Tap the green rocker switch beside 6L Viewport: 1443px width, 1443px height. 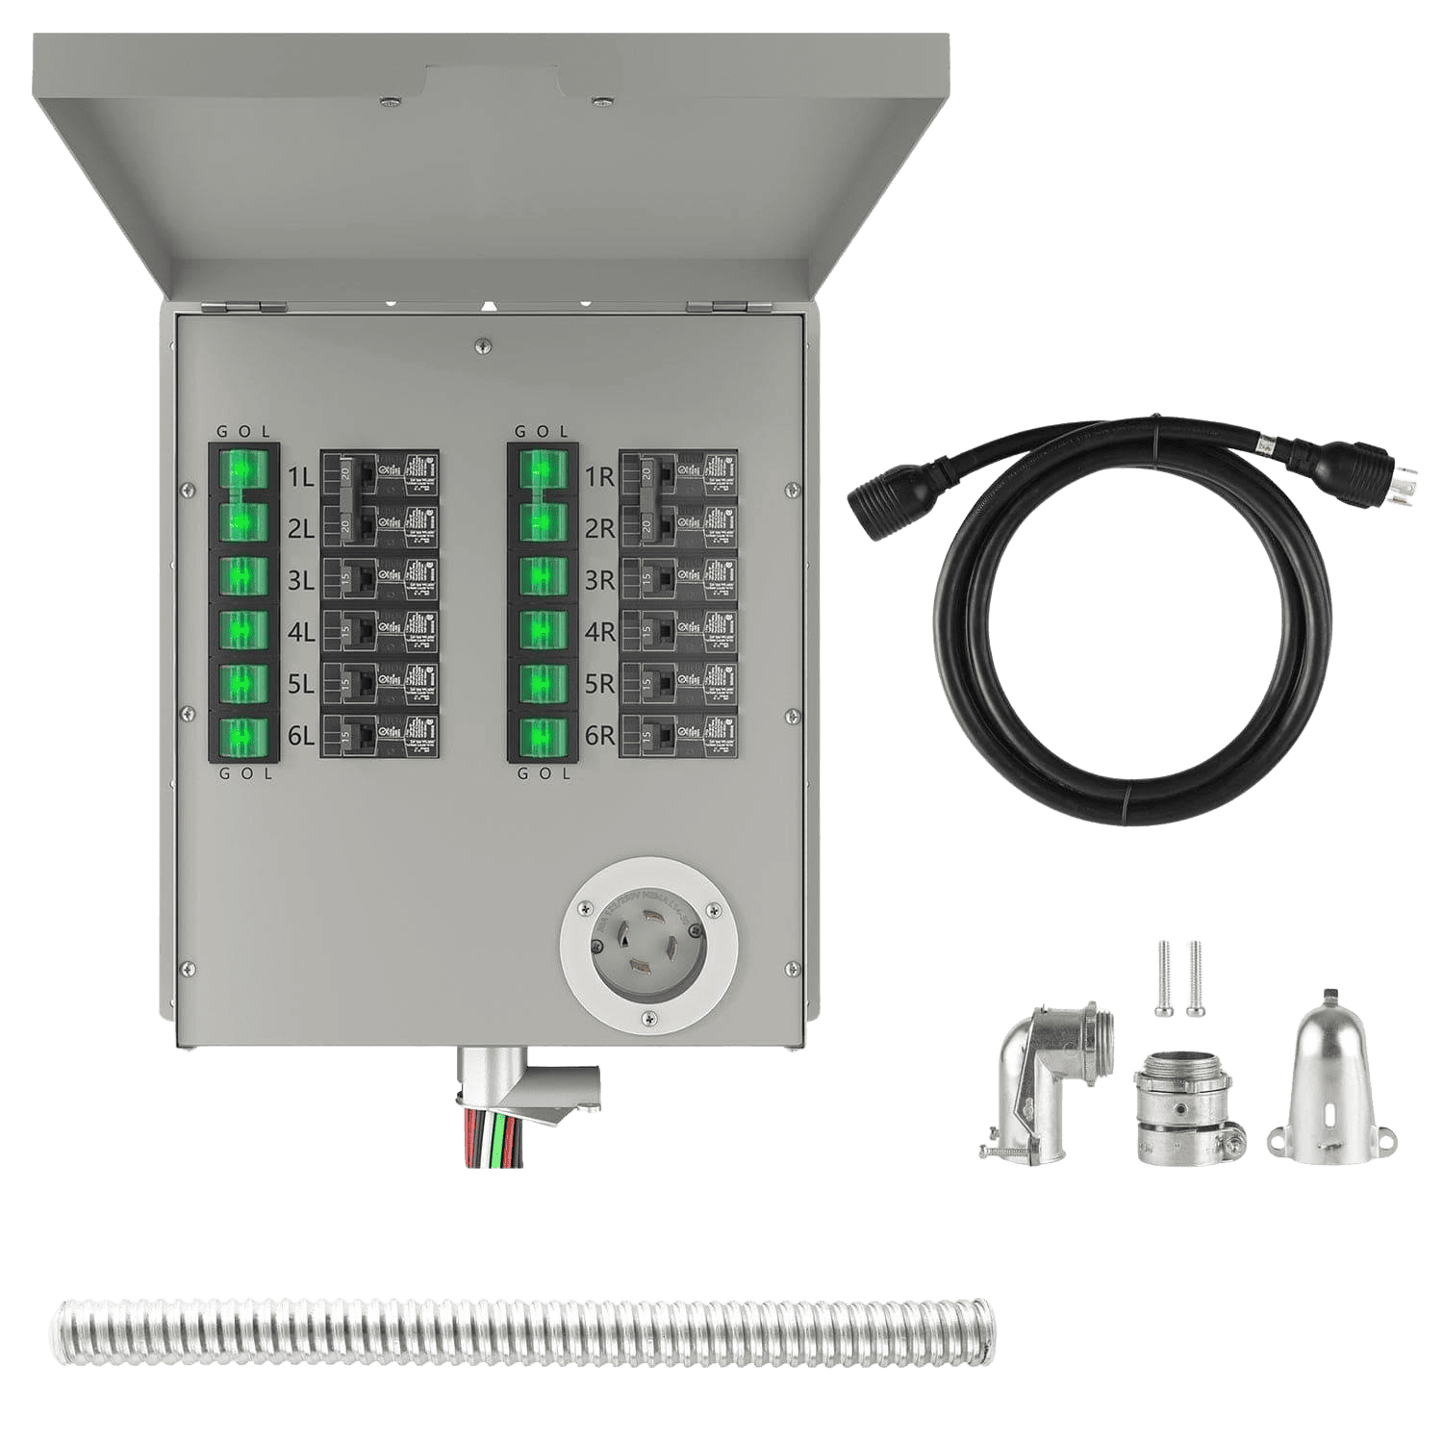[x=243, y=736]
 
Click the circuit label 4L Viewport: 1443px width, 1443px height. [x=299, y=632]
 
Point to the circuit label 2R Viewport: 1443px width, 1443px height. [x=598, y=527]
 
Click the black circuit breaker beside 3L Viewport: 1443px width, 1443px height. [x=379, y=579]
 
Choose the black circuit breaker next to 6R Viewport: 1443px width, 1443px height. [x=678, y=736]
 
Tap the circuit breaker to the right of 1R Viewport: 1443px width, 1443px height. [x=678, y=474]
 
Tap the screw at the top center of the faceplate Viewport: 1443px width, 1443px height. [x=482, y=342]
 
